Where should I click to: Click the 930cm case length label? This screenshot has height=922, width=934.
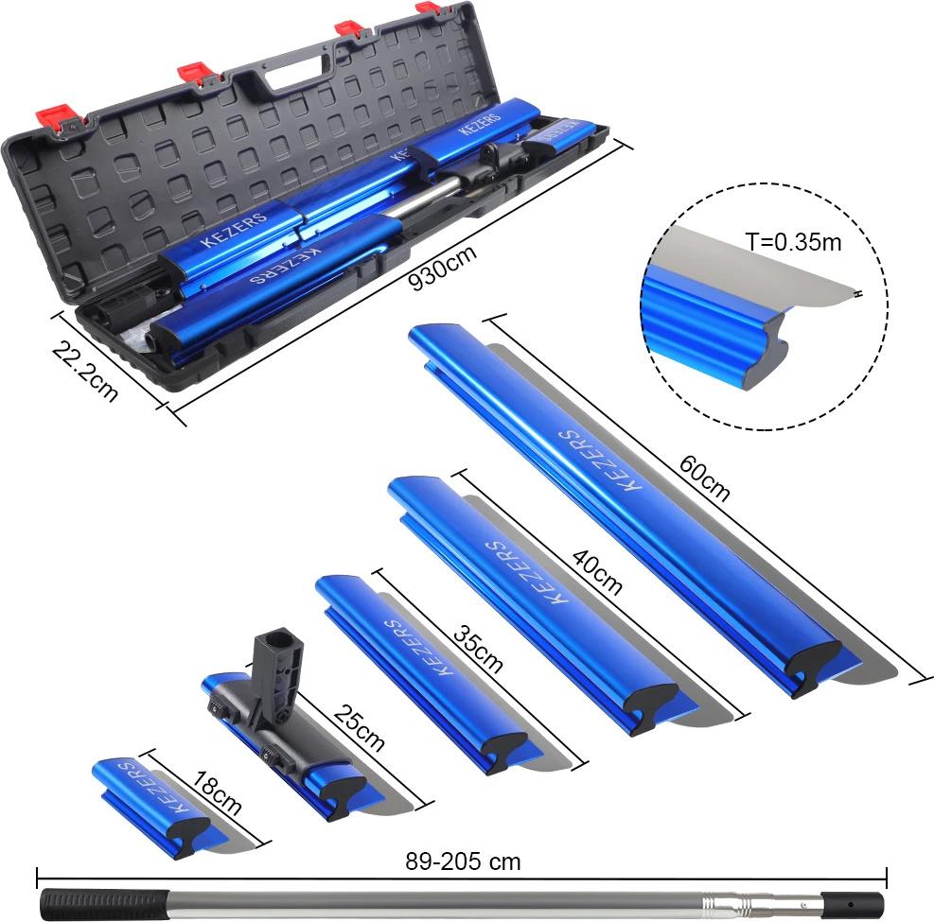click(443, 268)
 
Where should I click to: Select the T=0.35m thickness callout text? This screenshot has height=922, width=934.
click(793, 242)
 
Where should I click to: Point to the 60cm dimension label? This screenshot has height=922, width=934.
click(704, 478)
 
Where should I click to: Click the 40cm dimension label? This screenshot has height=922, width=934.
click(597, 572)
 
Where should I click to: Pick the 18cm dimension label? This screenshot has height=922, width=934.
click(217, 793)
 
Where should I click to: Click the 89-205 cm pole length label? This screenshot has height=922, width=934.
click(463, 861)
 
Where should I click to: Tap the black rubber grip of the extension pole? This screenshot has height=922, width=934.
click(105, 905)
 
